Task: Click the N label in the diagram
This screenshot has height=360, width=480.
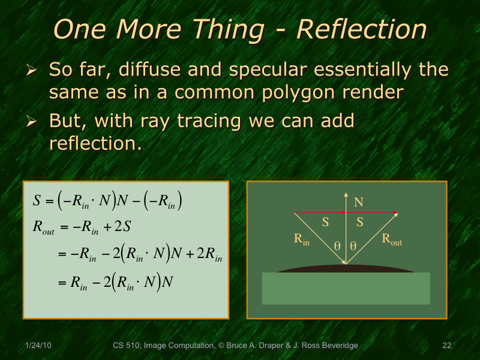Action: (358, 202)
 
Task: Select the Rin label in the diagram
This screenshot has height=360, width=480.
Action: (301, 239)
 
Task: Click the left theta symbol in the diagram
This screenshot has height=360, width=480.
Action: (337, 245)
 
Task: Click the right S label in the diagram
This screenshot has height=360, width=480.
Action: (361, 223)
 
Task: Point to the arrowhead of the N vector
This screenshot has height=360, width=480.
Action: (346, 194)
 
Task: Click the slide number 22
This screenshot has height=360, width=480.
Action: (446, 345)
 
